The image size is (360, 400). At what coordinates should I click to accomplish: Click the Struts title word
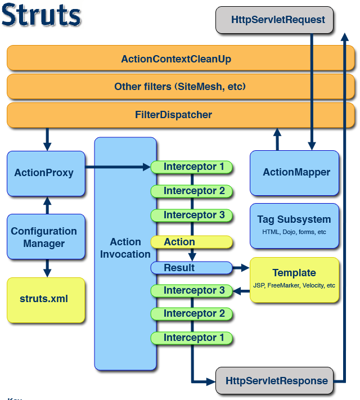[41, 15]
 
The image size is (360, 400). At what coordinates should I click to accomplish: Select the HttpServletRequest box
[274, 20]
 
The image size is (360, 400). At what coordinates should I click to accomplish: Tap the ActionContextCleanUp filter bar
[181, 58]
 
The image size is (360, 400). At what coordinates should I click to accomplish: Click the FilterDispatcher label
[173, 115]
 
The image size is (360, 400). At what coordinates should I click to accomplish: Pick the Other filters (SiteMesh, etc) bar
[181, 87]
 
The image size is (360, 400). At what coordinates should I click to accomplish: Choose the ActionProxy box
[46, 173]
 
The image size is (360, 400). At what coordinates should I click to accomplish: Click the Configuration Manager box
[46, 236]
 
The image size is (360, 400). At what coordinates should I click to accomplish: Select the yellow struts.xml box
[46, 300]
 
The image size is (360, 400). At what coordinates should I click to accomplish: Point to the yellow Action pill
[192, 242]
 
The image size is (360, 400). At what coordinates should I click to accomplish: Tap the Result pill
[192, 268]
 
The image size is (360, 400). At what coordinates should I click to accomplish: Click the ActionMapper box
[294, 173]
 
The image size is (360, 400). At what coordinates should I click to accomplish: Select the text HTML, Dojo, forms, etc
[294, 232]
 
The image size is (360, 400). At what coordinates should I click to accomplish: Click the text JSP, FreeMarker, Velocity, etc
[294, 285]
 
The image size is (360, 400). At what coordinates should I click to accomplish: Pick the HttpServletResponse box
[274, 381]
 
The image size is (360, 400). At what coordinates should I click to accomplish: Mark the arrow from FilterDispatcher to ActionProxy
[47, 140]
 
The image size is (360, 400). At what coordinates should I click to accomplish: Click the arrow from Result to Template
[241, 268]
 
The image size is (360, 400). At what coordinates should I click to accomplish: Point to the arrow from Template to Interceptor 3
[241, 291]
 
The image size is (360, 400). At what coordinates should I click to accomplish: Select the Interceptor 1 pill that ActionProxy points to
[192, 167]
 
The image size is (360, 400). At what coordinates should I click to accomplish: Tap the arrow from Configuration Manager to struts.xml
[47, 268]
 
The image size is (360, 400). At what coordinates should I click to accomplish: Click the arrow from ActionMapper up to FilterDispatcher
[277, 140]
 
